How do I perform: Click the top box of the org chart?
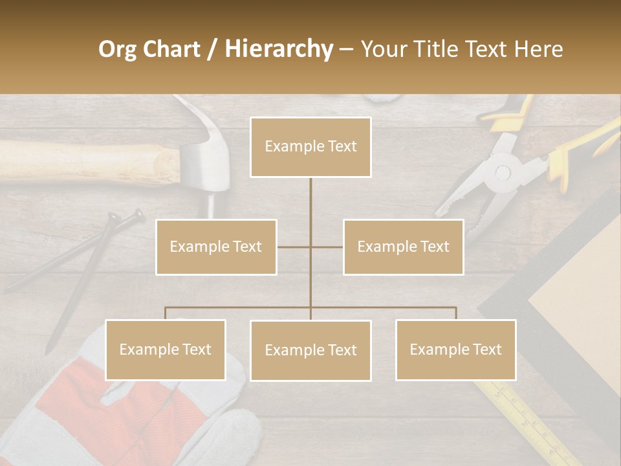[x=310, y=147]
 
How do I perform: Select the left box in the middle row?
[x=216, y=247]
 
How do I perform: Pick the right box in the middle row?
[x=403, y=247]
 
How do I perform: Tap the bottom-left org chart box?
[x=166, y=349]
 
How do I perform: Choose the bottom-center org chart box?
[x=310, y=350]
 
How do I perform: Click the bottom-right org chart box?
[x=455, y=349]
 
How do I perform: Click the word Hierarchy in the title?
[x=278, y=49]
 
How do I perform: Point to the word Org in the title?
[x=118, y=49]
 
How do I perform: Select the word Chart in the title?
[x=172, y=49]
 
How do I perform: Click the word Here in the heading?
[x=538, y=49]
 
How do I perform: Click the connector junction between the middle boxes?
[x=310, y=247]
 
